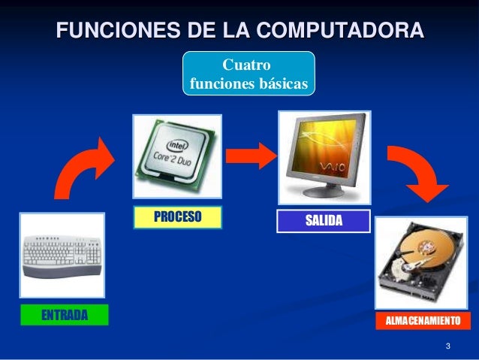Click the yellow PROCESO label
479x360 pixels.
pos(178,218)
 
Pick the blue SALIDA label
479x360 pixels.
pos(324,220)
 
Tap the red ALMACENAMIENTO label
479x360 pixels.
pos(422,321)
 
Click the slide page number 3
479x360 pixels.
pos(447,346)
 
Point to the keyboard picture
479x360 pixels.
pos(62,254)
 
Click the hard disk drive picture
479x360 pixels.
pos(421,263)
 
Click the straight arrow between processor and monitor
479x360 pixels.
pos(251,156)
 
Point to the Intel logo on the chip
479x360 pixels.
pos(176,144)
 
